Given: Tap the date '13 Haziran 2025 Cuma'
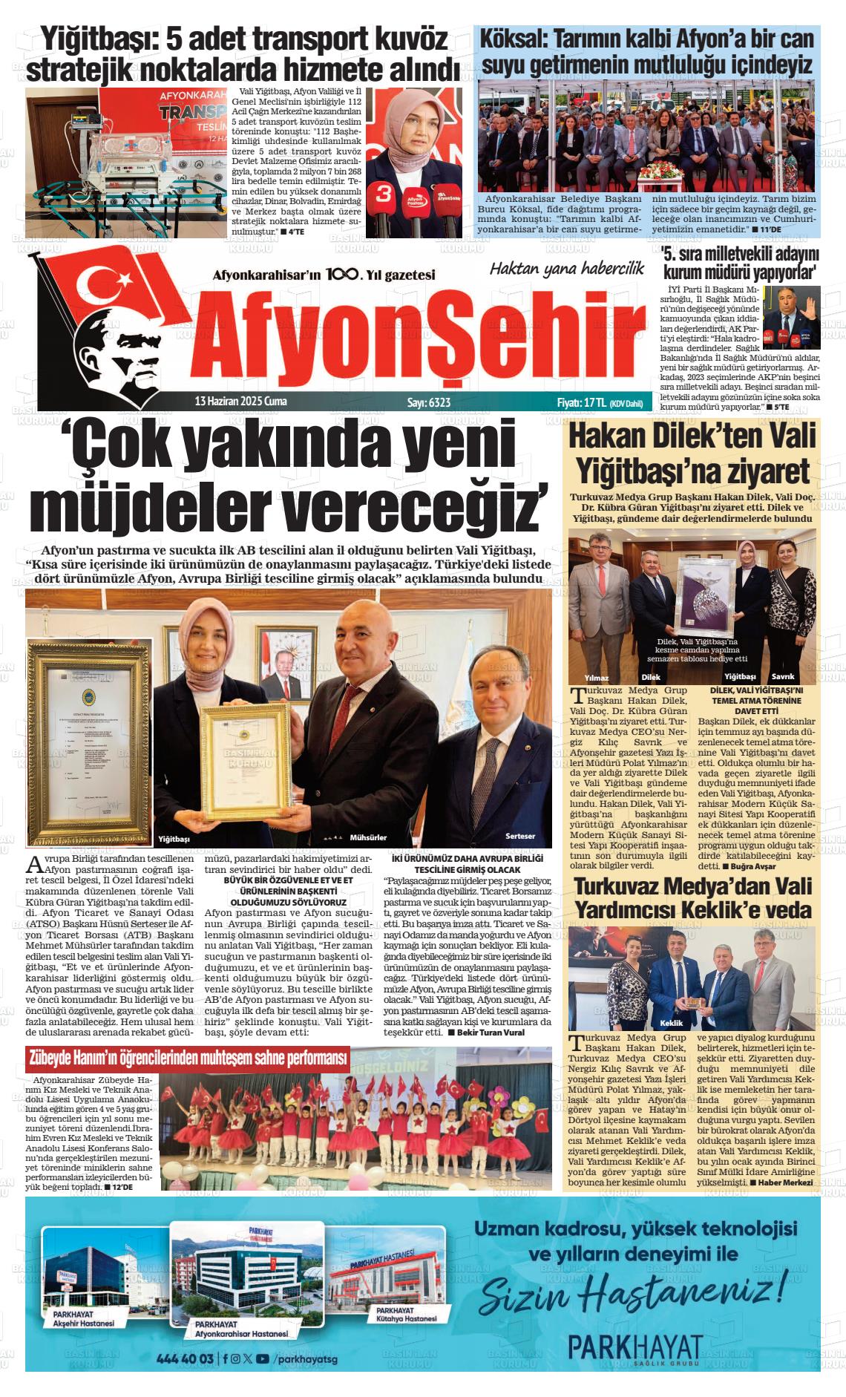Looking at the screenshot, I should click(240, 402).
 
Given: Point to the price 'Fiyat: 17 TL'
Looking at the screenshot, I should click(581, 402).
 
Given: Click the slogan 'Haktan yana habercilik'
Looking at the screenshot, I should click(566, 269).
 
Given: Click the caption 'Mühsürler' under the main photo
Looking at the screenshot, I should click(368, 837).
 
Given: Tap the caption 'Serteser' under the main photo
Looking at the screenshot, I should click(519, 836).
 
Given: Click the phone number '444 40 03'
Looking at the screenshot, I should click(186, 1358).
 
